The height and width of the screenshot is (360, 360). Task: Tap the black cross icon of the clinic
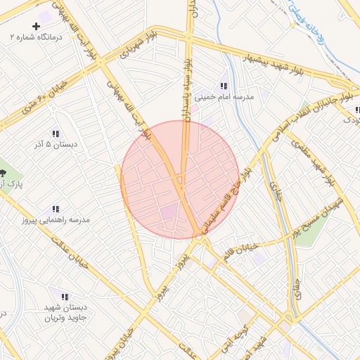37,26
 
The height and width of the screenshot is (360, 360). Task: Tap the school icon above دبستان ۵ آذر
55,134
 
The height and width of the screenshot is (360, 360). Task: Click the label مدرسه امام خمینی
224,97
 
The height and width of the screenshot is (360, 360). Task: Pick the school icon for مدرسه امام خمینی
224,86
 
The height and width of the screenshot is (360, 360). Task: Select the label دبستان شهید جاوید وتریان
65,313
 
